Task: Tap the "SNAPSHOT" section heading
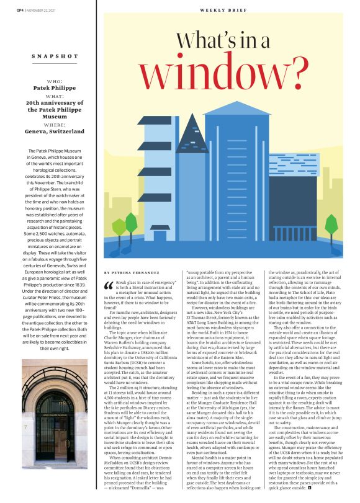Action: (55, 56)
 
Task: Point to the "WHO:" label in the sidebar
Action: (55, 81)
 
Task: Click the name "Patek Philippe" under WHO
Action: (55, 89)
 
